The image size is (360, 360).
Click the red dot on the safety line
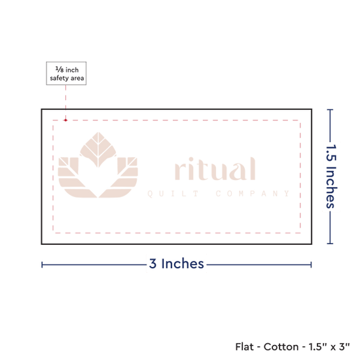point(65,120)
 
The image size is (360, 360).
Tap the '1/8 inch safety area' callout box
point(66,73)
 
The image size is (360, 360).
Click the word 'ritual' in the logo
point(215,168)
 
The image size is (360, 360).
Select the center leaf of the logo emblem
point(98,149)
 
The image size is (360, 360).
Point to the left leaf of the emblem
point(76,177)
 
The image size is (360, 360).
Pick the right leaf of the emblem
point(119,177)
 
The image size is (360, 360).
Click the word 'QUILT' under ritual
point(173,194)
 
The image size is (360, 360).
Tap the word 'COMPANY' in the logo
point(253,194)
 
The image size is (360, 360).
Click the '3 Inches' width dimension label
point(176,264)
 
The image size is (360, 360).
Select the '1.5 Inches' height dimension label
point(331,176)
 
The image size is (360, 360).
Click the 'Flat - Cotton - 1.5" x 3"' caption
point(293,347)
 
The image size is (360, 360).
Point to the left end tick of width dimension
point(42,264)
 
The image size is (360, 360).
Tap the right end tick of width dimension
point(311,264)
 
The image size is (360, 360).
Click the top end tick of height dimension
point(330,110)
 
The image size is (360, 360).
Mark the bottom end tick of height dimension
point(330,243)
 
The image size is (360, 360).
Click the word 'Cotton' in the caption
point(281,347)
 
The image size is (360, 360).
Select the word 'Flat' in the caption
point(244,347)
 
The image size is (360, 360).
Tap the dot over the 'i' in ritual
point(190,159)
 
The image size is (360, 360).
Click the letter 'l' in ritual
point(253,168)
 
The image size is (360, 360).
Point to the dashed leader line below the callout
point(66,102)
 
